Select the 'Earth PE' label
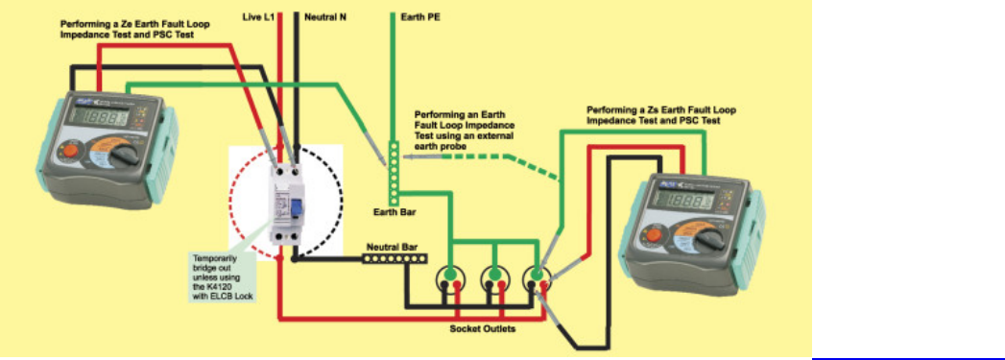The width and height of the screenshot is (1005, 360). pos(419,17)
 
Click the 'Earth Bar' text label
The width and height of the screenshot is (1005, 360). pos(393,211)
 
